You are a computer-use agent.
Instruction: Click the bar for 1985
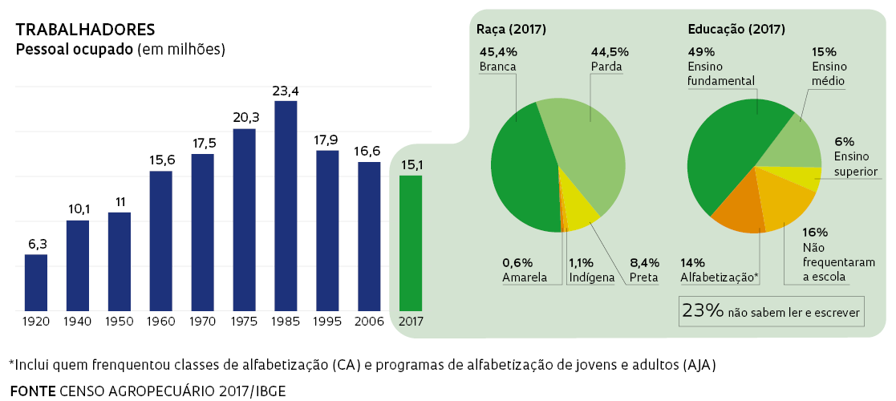point(286,205)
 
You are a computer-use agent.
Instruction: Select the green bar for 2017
point(411,242)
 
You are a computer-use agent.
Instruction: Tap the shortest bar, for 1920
point(36,282)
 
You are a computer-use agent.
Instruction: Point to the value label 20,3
point(244,117)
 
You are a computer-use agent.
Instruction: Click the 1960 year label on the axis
point(161,321)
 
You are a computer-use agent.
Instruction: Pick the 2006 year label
point(369,321)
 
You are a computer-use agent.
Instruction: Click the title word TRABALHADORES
point(85,30)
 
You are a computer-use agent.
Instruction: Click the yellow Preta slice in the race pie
point(579,200)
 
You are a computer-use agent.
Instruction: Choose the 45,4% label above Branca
point(497,51)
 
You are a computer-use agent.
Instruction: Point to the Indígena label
point(591,278)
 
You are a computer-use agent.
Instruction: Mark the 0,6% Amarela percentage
point(518,262)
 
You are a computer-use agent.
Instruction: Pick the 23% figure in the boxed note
point(703,311)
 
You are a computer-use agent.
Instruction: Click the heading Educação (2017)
point(736,30)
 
